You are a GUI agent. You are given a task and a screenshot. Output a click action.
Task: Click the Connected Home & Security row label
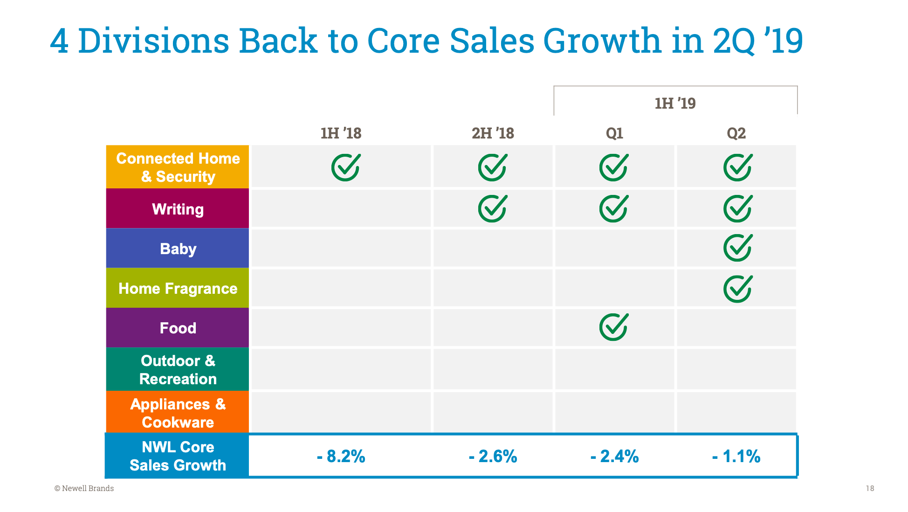click(x=178, y=167)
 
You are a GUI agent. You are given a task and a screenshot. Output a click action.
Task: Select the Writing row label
click(x=178, y=209)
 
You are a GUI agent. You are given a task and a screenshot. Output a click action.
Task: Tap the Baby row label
click(x=178, y=249)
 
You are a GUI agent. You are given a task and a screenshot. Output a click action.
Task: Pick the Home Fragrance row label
click(x=178, y=288)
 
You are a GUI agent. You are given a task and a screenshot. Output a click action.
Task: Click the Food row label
click(x=178, y=328)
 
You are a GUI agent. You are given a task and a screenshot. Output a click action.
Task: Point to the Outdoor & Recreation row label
click(x=178, y=369)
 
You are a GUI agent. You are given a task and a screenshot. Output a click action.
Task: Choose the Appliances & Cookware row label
click(x=178, y=413)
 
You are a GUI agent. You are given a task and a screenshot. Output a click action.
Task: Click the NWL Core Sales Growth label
click(x=178, y=456)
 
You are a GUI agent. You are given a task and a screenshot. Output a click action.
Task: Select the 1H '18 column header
click(x=341, y=133)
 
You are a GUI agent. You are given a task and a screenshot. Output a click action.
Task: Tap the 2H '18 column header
click(x=493, y=133)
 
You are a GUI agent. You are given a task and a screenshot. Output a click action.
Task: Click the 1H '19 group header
click(x=675, y=103)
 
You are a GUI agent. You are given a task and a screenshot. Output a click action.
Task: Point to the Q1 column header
click(x=614, y=133)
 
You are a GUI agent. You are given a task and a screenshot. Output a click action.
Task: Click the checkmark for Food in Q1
click(x=614, y=327)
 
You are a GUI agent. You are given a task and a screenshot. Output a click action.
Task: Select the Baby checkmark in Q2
click(x=738, y=248)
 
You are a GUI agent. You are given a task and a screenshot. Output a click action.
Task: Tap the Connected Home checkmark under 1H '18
click(x=346, y=167)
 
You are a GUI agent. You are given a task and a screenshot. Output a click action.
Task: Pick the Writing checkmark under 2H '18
click(x=493, y=208)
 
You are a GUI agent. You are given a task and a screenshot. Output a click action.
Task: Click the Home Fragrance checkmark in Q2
click(x=738, y=289)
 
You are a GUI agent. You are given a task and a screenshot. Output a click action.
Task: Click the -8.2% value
click(x=341, y=456)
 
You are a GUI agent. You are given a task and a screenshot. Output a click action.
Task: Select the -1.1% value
click(x=736, y=456)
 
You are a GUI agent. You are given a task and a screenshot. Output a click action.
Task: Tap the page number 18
click(x=870, y=488)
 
